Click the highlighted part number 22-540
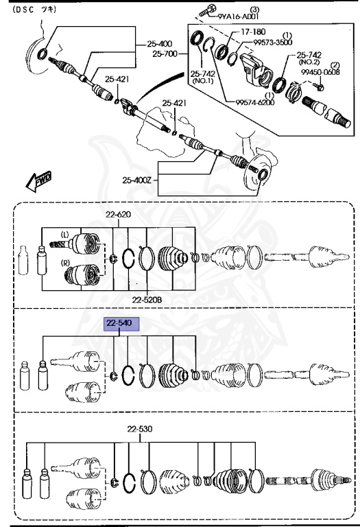pyautogui.click(x=121, y=324)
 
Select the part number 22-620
pyautogui.click(x=118, y=215)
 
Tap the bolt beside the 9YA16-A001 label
pyautogui.click(x=206, y=10)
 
